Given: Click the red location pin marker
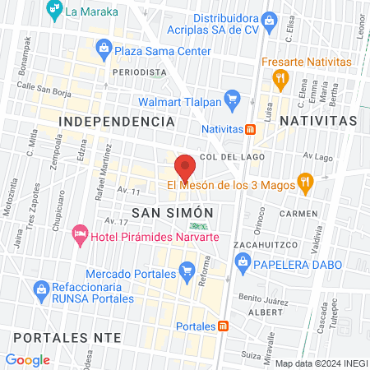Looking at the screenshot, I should (x=185, y=167).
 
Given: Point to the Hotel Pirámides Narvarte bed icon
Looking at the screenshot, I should (x=81, y=237).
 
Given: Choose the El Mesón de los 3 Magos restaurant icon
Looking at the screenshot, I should (x=305, y=183).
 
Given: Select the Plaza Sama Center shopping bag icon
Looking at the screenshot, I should (x=104, y=51).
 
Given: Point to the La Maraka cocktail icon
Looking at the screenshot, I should (x=53, y=11).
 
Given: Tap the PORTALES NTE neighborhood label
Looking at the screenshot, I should (x=62, y=338).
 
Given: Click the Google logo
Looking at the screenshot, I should (x=28, y=359).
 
